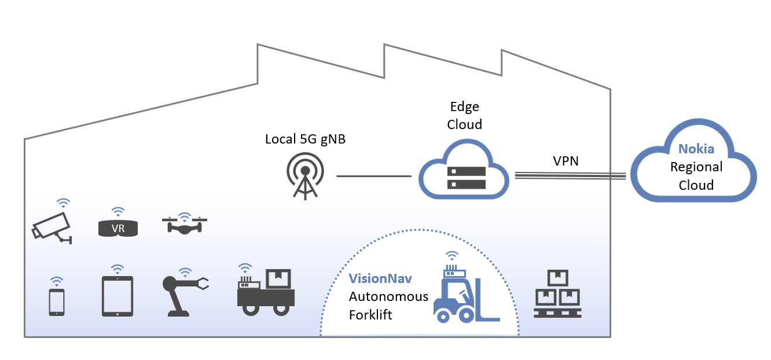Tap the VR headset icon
tap(118, 228)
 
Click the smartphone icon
tap(57, 302)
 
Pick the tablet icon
tap(118, 296)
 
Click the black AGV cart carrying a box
tap(266, 293)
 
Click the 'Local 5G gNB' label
tap(305, 139)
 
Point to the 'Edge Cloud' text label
tap(465, 116)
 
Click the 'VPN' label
tap(566, 161)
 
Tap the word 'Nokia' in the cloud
tap(696, 149)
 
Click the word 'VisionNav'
tap(380, 278)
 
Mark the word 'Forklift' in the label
tap(370, 315)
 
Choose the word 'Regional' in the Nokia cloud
tap(696, 167)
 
